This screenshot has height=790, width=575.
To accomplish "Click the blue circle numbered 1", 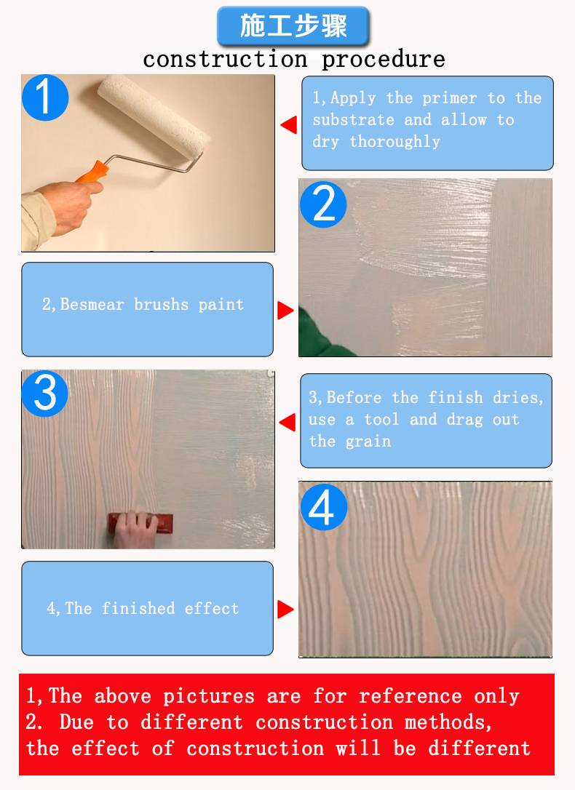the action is [x=45, y=97].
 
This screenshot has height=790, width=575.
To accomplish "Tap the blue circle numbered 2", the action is [x=323, y=204].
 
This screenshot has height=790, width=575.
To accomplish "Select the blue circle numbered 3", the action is [x=45, y=394].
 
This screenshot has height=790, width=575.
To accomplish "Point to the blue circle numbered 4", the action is [x=324, y=507].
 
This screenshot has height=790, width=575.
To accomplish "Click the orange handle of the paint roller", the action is [x=92, y=171].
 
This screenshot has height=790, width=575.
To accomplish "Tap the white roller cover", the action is [x=154, y=114].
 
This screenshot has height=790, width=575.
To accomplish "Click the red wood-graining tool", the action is [x=141, y=524].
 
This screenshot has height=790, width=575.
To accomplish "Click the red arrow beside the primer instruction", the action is [x=289, y=124].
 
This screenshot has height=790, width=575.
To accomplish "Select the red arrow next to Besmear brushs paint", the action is [x=285, y=311].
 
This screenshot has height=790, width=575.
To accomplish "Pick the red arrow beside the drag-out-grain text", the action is [x=287, y=422].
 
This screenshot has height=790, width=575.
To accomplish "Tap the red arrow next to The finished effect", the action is [x=285, y=609].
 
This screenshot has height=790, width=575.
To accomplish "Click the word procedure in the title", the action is [x=384, y=60].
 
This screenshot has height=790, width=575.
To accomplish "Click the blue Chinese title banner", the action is [x=294, y=26].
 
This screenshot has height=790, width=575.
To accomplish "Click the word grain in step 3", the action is [x=368, y=442].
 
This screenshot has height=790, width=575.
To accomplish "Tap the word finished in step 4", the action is [x=138, y=608].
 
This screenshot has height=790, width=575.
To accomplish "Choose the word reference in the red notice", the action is [x=411, y=695].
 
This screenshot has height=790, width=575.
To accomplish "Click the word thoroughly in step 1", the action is [x=394, y=142].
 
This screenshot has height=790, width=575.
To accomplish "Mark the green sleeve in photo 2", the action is [x=320, y=336].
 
